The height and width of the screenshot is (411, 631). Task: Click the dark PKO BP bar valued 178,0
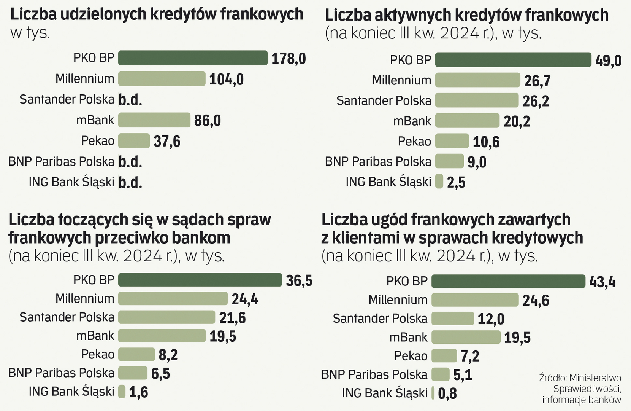click(x=193, y=58)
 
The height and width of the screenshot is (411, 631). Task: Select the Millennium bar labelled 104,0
click(x=162, y=79)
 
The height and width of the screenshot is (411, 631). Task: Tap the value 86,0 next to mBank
click(x=207, y=121)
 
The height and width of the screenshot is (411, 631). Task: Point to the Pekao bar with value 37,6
click(x=134, y=141)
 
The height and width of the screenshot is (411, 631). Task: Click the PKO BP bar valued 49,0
click(x=513, y=60)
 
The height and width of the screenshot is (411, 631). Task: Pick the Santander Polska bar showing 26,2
click(x=477, y=100)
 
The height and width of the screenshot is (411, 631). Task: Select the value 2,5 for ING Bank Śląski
click(x=456, y=183)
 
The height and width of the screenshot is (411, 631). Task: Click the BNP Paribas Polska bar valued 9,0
click(x=449, y=161)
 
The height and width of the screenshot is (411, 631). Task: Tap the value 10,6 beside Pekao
click(x=486, y=142)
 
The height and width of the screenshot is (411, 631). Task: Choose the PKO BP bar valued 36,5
click(x=200, y=280)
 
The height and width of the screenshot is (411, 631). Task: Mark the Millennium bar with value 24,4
click(x=173, y=298)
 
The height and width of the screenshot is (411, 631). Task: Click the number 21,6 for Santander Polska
click(x=232, y=318)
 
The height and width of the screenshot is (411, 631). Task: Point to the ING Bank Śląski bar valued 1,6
click(x=122, y=391)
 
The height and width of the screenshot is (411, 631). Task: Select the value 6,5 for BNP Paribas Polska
click(x=160, y=374)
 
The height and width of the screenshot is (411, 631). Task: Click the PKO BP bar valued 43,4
click(x=508, y=281)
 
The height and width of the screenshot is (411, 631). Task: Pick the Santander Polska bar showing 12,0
click(x=452, y=319)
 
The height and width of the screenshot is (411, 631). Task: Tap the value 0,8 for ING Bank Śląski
click(x=447, y=393)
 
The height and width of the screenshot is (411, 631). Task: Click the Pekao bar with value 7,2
click(x=444, y=356)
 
